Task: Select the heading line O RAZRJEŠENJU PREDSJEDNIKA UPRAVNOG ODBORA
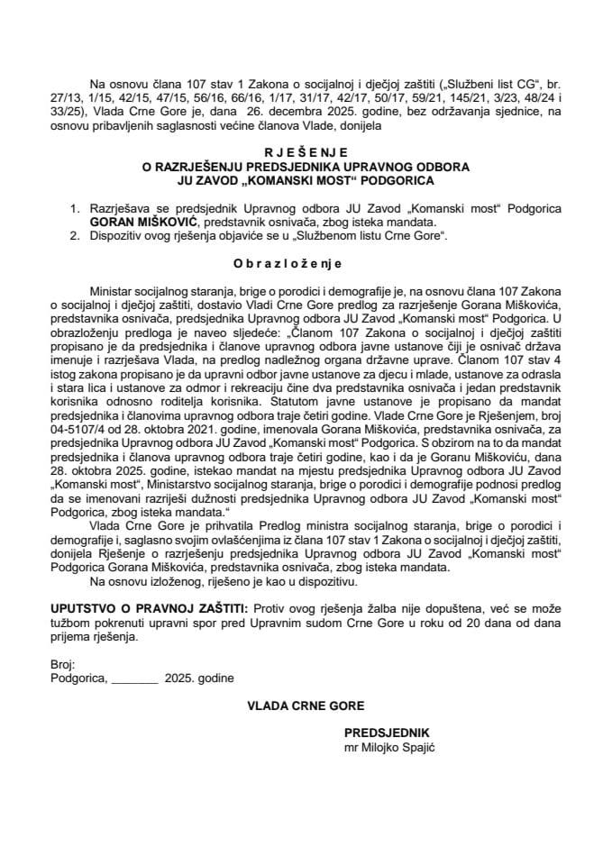(306, 167)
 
